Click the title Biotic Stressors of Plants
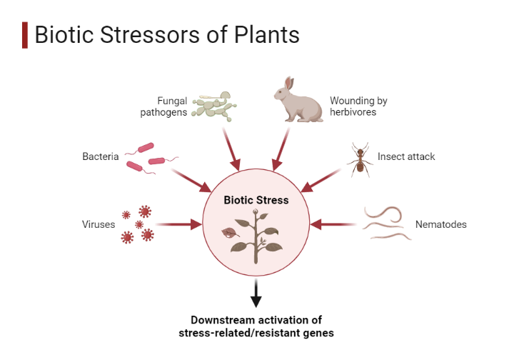[166, 35]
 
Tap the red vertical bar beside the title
[25, 35]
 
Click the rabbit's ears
[286, 84]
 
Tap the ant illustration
[360, 160]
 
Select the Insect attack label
[406, 156]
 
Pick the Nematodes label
[440, 224]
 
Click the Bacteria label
[100, 156]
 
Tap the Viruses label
[99, 224]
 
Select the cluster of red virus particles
[137, 224]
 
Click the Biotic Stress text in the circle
[256, 200]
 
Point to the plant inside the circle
[256, 236]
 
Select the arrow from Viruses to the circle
[178, 224]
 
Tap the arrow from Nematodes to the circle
[333, 224]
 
